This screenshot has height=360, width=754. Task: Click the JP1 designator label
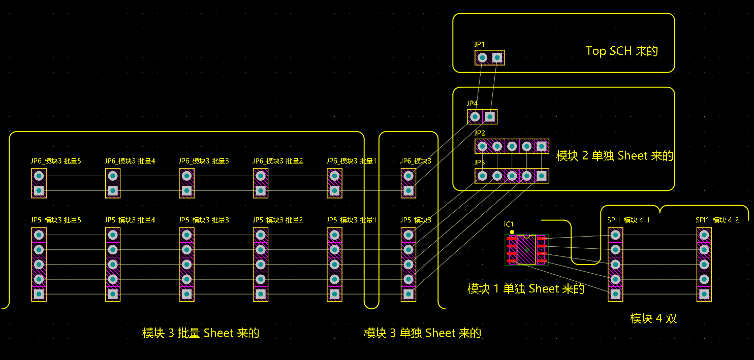[x=480, y=44]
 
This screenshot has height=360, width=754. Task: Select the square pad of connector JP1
[x=497, y=58]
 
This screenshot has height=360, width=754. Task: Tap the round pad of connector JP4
[x=475, y=117]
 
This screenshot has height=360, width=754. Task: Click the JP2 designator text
[x=480, y=133]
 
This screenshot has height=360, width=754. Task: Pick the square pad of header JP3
[x=542, y=176]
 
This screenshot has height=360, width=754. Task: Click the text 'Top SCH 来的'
[x=621, y=51]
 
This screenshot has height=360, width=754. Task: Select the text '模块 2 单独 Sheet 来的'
[x=614, y=156]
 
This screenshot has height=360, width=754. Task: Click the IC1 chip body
[x=527, y=249]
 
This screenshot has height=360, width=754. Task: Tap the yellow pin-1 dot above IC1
[x=512, y=232]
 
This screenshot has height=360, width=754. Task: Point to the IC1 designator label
[x=509, y=224]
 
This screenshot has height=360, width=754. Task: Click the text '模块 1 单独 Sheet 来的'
[x=526, y=289]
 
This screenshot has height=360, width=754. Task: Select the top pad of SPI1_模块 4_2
[x=704, y=235]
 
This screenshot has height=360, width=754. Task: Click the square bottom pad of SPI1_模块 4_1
[x=615, y=294]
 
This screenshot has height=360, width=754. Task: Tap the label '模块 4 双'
[x=653, y=319]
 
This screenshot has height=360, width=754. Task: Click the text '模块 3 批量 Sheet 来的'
[x=201, y=334]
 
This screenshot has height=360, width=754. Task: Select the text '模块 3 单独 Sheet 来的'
[x=422, y=334]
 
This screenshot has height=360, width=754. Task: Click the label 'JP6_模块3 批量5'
[x=56, y=161]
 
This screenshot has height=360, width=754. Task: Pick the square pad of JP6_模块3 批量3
[x=186, y=191]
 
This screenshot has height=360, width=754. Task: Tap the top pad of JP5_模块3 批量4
[x=113, y=235]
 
